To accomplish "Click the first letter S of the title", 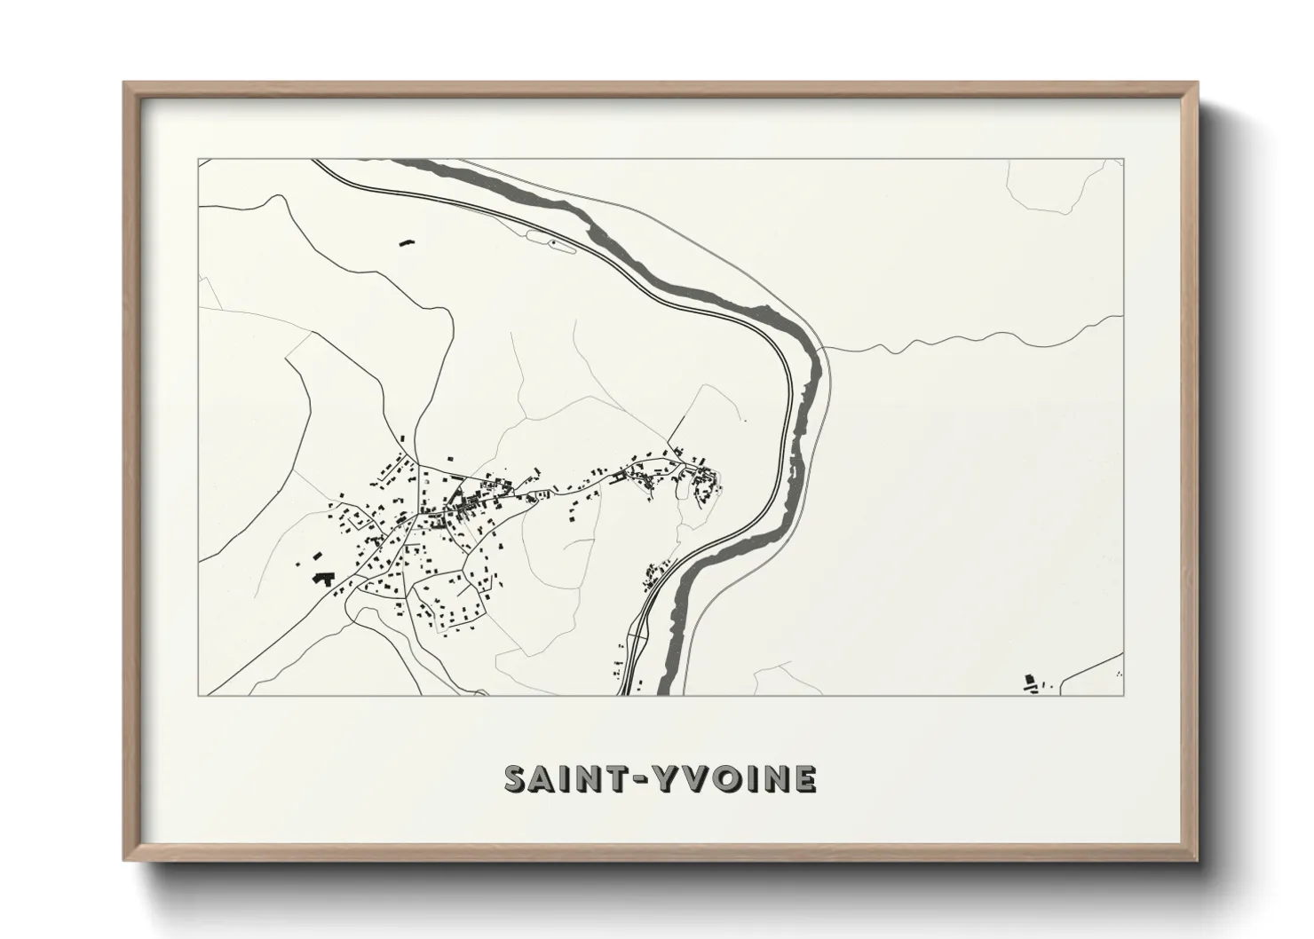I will tap(517, 778).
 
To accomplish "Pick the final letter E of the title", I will tap(804, 778).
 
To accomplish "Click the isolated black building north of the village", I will tap(408, 241).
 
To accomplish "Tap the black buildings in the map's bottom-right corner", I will tap(1031, 682).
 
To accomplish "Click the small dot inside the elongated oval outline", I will tap(553, 241).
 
